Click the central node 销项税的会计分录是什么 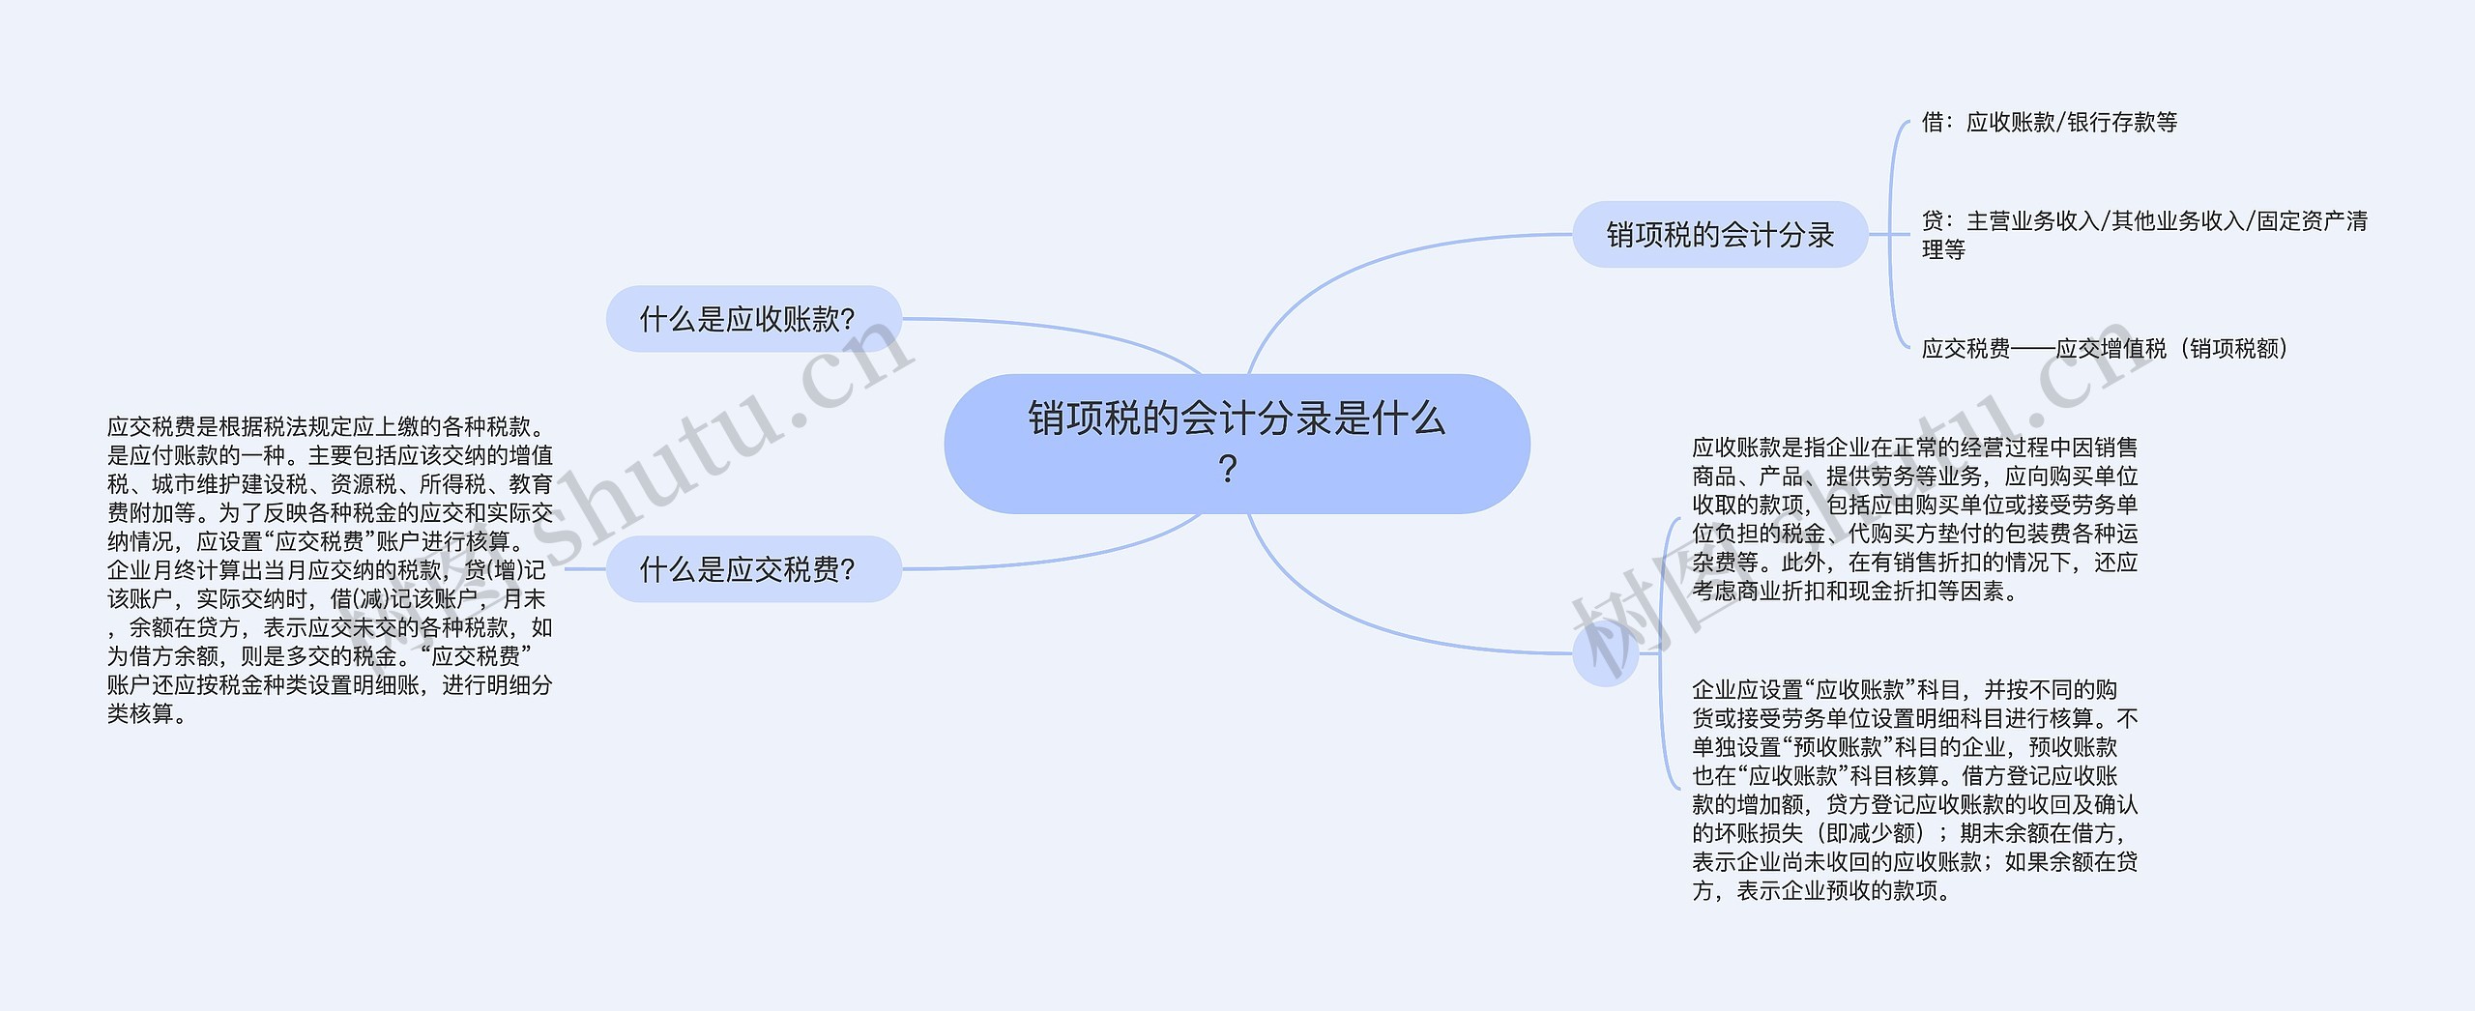click(x=1236, y=420)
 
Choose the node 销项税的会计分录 click(x=1720, y=235)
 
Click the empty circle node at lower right click(x=1606, y=654)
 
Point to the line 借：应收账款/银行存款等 click(x=2049, y=123)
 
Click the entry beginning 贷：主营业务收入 click(x=2143, y=222)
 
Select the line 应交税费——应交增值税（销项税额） click(x=2105, y=349)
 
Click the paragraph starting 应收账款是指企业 click(x=1914, y=519)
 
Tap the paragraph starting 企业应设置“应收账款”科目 click(x=1914, y=790)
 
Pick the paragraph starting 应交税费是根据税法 click(x=330, y=569)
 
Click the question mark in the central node click(x=1228, y=470)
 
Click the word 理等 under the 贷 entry click(x=1943, y=250)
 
